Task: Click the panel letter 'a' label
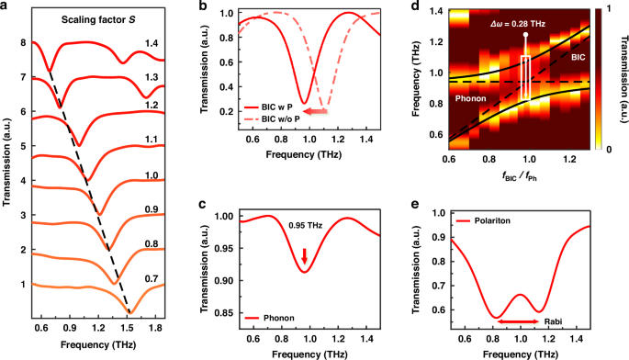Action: point(6,7)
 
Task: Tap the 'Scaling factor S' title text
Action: point(83,20)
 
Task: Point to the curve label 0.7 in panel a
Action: point(150,271)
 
